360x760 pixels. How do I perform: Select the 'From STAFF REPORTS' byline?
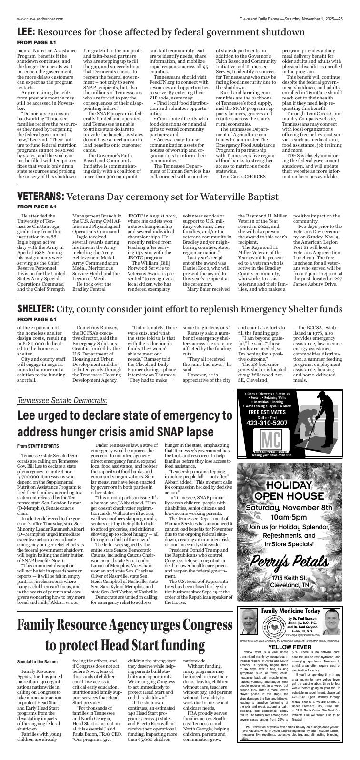tap(38, 446)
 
